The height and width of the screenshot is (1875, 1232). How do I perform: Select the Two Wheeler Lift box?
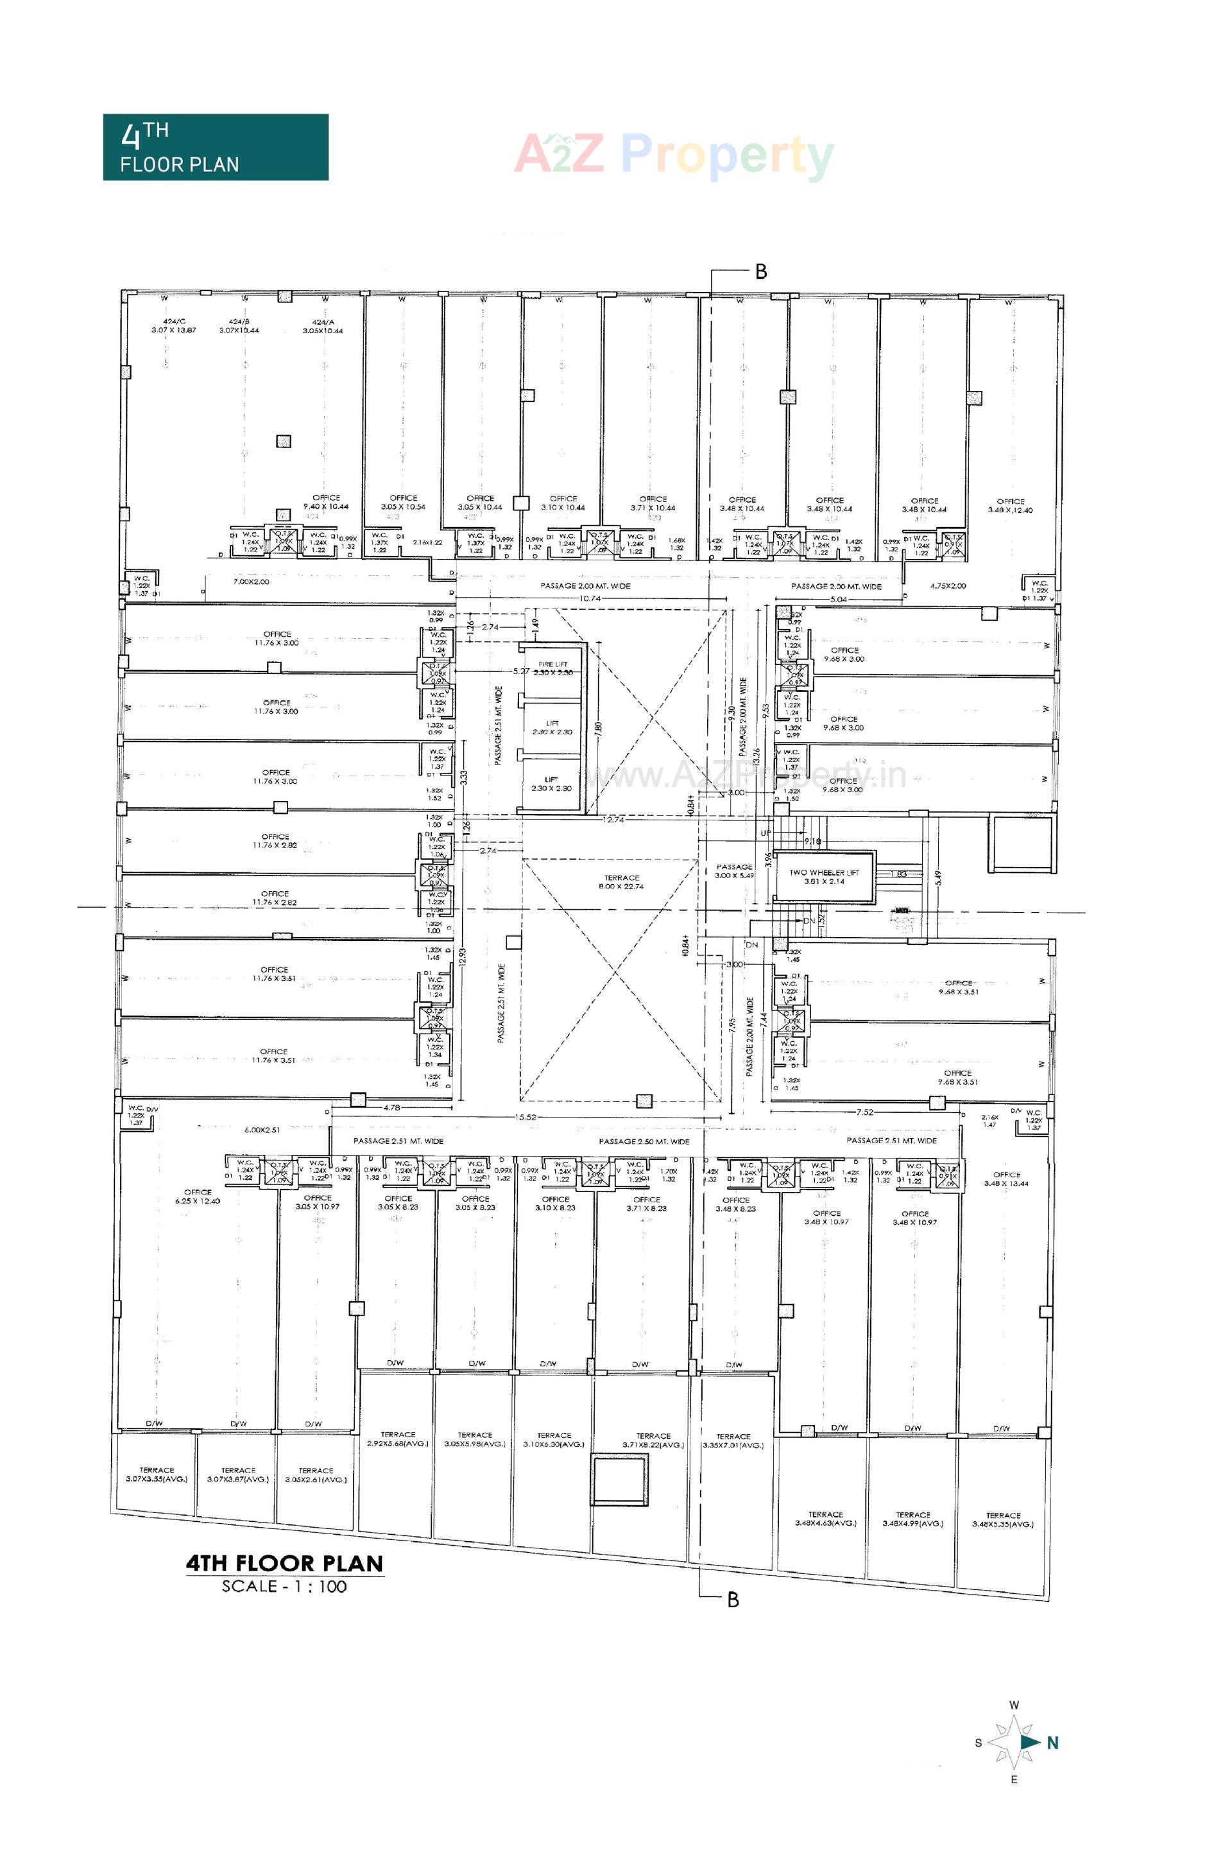point(824,877)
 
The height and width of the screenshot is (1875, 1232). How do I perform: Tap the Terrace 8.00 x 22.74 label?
point(622,881)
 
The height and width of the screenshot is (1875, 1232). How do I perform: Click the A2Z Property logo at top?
point(674,155)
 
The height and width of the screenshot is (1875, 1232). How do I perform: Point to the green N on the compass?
point(1052,1743)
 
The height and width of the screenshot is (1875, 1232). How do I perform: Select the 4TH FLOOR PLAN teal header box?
point(215,148)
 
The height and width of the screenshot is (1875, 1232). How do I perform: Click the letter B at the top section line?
point(761,272)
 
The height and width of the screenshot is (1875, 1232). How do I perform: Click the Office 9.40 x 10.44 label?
point(325,503)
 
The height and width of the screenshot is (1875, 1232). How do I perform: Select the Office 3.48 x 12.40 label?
point(1010,505)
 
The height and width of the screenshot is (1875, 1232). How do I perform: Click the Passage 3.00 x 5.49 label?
point(734,870)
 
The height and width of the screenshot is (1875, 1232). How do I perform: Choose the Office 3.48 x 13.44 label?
point(1006,1179)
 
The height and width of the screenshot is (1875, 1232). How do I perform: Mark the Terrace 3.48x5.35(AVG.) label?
point(1003,1519)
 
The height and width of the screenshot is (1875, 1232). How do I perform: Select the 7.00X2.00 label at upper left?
point(250,582)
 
